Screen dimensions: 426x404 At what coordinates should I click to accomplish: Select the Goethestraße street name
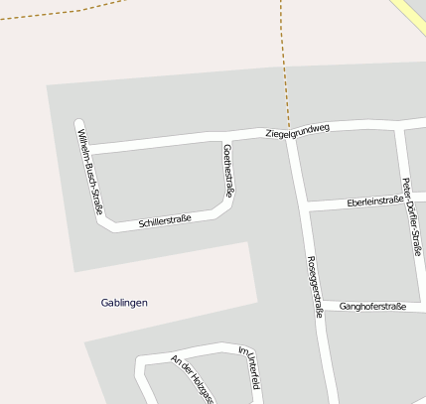(229, 170)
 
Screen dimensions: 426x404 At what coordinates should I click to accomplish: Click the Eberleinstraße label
(375, 201)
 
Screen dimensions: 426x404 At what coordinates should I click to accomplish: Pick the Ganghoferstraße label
(372, 307)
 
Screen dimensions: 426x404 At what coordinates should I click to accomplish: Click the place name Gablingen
(124, 302)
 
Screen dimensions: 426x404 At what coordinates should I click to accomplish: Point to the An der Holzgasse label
(192, 378)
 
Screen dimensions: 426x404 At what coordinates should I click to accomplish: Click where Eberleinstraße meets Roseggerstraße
(304, 205)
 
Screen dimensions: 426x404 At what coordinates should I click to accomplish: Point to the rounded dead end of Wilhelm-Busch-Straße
(79, 125)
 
